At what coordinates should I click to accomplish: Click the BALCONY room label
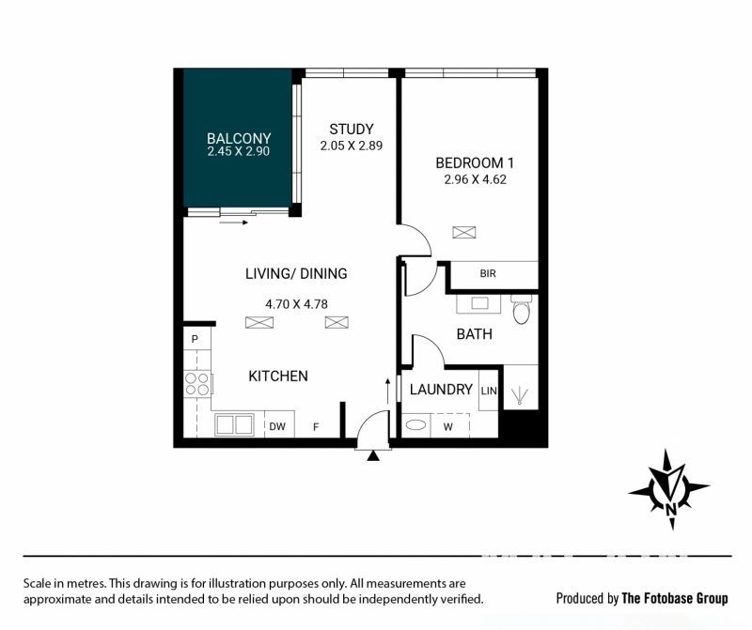click(x=239, y=138)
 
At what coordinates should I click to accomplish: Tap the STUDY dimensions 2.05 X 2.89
click(x=352, y=146)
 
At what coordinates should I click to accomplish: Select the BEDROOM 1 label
click(x=475, y=162)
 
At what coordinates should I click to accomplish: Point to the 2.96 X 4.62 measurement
click(x=476, y=179)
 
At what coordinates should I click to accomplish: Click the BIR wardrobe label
click(x=488, y=273)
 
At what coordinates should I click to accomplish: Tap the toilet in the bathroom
click(x=521, y=309)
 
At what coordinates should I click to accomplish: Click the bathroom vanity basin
click(x=478, y=304)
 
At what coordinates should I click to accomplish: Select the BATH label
click(x=475, y=334)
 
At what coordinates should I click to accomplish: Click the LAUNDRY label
click(x=441, y=390)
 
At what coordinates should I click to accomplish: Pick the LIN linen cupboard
click(x=489, y=391)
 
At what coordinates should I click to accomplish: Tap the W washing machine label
click(x=448, y=427)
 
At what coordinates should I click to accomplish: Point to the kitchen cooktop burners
click(x=197, y=384)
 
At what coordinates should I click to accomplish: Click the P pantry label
click(x=195, y=339)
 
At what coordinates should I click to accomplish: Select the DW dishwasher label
click(x=277, y=426)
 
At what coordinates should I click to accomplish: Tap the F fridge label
click(x=316, y=426)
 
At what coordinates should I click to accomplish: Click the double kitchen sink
click(x=234, y=425)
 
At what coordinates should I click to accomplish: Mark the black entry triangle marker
click(x=373, y=455)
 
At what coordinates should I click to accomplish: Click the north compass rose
click(x=669, y=489)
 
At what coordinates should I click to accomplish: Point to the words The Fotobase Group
click(x=675, y=598)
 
